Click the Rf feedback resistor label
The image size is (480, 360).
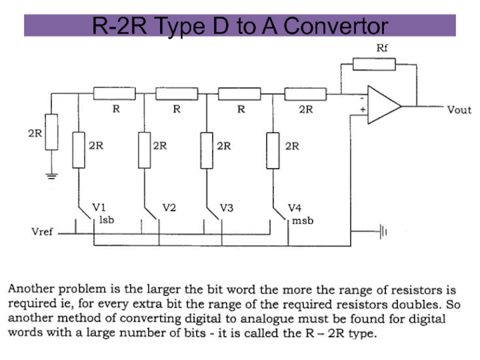point(382,47)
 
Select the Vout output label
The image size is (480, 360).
point(459,110)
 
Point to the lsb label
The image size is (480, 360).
point(106,220)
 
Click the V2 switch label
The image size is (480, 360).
point(169,208)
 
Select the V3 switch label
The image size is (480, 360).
point(226,208)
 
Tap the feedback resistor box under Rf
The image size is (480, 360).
point(374,63)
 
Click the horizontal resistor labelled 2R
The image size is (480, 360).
point(305,94)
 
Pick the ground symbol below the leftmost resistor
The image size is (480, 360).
point(52,176)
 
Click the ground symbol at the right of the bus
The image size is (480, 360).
point(382,230)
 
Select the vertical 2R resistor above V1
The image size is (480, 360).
point(79,150)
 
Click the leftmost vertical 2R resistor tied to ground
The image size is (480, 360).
point(52,132)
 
